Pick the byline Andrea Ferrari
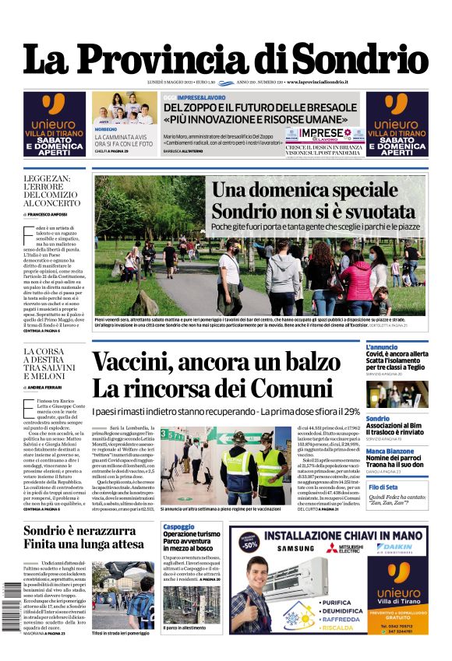click(x=46, y=387)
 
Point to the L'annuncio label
click(x=382, y=347)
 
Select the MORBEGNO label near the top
click(x=106, y=128)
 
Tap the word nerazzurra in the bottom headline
click(x=107, y=532)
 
